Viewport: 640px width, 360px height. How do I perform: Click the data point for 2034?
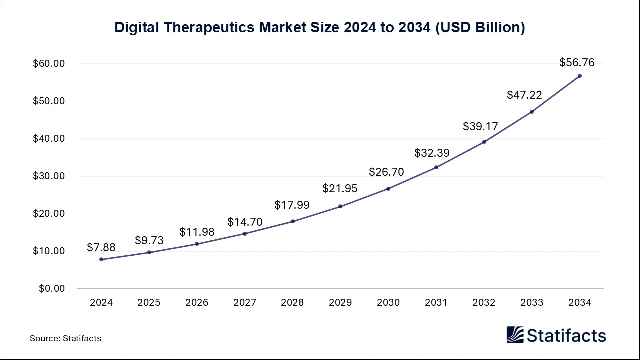(x=580, y=76)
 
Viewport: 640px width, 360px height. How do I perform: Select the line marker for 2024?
(x=101, y=259)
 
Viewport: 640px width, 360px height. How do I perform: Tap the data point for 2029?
(x=340, y=206)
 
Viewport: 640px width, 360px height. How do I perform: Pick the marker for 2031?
(x=436, y=167)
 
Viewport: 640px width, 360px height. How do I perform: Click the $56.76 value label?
(x=577, y=63)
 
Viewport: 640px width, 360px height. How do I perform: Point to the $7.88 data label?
(x=101, y=247)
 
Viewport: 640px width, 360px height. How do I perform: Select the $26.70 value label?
(x=386, y=172)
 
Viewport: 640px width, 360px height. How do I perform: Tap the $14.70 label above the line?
(x=245, y=222)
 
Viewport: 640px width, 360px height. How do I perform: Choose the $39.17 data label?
(x=481, y=126)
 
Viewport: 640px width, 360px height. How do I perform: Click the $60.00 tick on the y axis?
(x=49, y=64)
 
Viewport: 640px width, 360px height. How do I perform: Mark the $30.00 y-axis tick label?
(x=49, y=176)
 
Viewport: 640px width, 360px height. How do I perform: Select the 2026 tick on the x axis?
(x=197, y=303)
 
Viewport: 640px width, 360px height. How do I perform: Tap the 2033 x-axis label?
(x=532, y=303)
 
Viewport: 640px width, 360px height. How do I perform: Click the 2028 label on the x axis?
(x=292, y=303)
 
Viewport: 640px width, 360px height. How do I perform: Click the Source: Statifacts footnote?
(x=65, y=338)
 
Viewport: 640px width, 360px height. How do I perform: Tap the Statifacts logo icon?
(x=515, y=335)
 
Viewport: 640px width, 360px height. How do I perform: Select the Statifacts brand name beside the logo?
(x=566, y=335)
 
